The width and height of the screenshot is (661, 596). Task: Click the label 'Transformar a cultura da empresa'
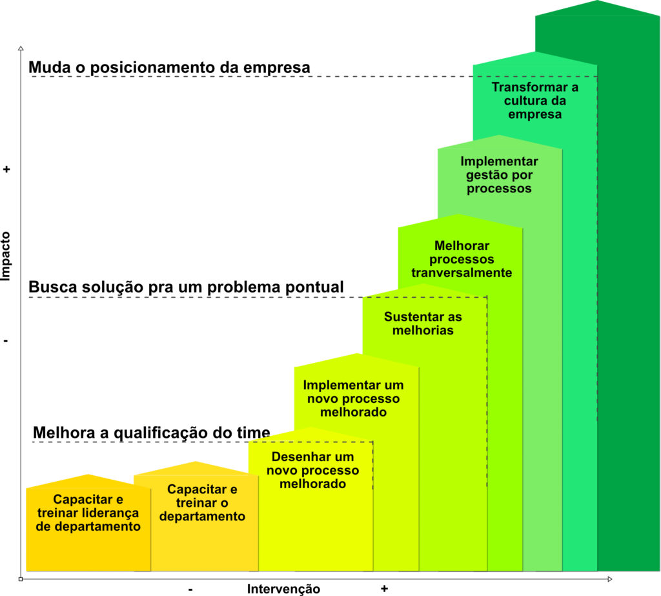tap(534, 101)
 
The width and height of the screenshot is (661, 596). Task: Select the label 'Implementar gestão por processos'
tap(499, 175)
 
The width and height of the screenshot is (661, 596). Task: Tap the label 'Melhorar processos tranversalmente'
tap(462, 259)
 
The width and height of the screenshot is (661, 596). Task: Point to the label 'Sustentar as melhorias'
tap(423, 324)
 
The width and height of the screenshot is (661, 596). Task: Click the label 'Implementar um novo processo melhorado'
tap(353, 398)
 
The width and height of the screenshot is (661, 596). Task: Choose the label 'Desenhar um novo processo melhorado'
tap(312, 470)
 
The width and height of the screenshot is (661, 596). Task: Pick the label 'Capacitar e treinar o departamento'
tap(202, 503)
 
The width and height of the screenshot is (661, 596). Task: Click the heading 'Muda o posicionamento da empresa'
tap(170, 67)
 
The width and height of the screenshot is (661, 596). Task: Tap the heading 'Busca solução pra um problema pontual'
tap(187, 287)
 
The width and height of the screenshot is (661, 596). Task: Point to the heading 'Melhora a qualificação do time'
tap(152, 433)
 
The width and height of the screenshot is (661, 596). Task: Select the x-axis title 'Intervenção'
tap(283, 588)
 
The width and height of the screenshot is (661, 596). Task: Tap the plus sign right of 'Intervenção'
tap(384, 588)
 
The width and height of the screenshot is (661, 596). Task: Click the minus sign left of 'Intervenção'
tap(191, 589)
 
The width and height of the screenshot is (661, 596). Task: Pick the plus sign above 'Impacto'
tap(6, 170)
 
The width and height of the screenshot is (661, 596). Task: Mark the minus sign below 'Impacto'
tap(6, 340)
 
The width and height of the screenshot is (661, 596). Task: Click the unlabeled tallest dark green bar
tap(629, 291)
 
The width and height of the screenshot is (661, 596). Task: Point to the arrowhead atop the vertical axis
tap(21, 48)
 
